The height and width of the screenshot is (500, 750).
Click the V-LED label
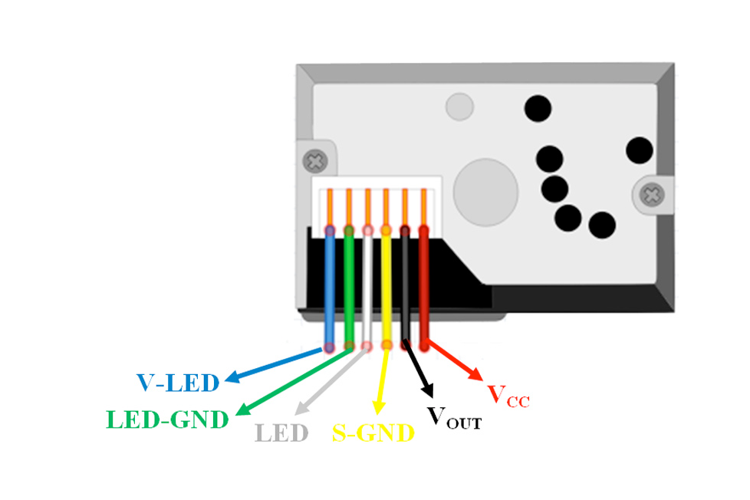pos(178,381)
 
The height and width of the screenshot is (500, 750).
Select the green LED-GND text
pos(168,419)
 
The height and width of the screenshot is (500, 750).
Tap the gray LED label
pos(281,433)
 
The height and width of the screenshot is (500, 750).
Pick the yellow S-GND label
pos(373,434)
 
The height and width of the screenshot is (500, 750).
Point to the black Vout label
pos(454,417)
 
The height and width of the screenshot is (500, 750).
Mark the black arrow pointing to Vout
pos(417,371)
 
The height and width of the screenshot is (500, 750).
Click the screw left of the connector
pos(314,161)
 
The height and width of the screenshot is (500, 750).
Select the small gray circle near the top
pos(460,107)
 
